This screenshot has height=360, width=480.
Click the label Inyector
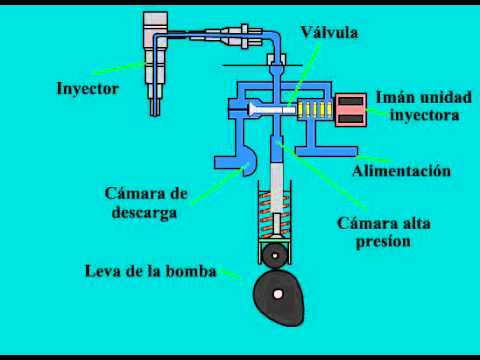(87, 88)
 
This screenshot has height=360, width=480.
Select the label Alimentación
(401, 171)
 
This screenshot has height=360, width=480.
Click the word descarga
(144, 212)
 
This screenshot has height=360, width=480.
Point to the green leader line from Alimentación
(356, 159)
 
